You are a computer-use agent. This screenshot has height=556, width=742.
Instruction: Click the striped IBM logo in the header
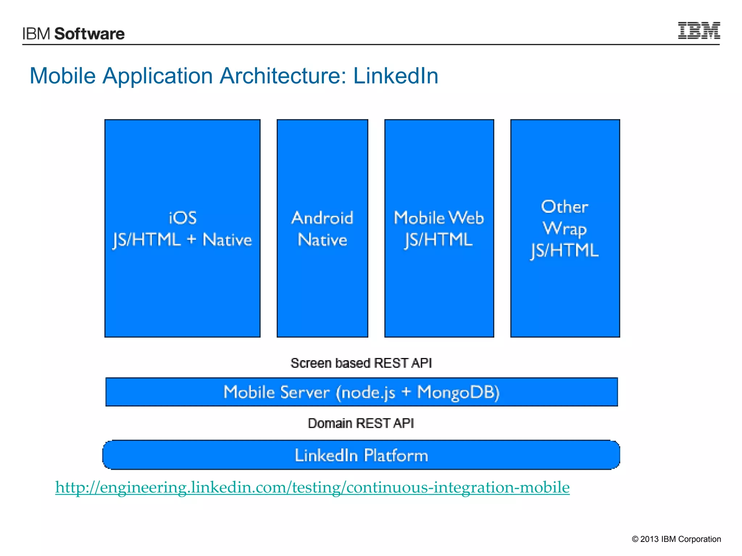699,30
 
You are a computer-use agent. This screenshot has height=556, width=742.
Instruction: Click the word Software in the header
89,34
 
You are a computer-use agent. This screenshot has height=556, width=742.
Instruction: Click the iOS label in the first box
183,218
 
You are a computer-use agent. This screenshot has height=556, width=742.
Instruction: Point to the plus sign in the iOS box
191,239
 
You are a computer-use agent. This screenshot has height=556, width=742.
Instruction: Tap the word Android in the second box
322,218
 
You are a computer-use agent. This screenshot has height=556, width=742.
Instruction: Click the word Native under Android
322,240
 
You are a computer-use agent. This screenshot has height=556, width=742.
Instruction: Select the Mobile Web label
439,218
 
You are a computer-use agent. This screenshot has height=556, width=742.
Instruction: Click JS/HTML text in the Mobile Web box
439,240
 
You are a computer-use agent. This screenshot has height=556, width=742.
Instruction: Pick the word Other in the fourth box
564,207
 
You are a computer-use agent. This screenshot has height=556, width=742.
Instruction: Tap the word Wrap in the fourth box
564,229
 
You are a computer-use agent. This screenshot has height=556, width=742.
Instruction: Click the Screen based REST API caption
361,363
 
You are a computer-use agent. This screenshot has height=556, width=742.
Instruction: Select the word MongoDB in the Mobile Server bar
458,392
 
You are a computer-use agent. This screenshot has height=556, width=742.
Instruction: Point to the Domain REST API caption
361,423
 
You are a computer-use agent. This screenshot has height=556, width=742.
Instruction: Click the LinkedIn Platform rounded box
361,455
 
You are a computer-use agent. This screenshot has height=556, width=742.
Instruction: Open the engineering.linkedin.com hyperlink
312,487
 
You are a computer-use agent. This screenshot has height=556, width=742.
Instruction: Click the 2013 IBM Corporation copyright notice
676,539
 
